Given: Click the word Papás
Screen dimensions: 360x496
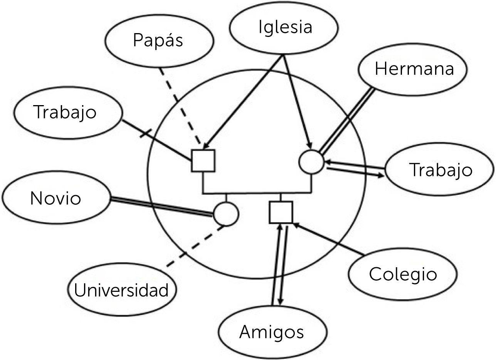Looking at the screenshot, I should pyautogui.click(x=158, y=40).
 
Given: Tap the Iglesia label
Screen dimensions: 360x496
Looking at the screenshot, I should pyautogui.click(x=285, y=27).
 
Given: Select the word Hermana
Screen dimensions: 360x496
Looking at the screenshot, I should pyautogui.click(x=414, y=69).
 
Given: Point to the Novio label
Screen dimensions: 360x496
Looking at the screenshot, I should pyautogui.click(x=55, y=199).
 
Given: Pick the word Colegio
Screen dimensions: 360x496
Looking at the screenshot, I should pyautogui.click(x=403, y=274).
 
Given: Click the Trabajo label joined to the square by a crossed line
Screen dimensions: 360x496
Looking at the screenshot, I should pyautogui.click(x=65, y=112).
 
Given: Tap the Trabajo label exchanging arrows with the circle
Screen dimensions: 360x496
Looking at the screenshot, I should pyautogui.click(x=441, y=170).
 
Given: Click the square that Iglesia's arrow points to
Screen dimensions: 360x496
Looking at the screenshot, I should pyautogui.click(x=203, y=160).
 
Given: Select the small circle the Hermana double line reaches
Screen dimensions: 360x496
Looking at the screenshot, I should pyautogui.click(x=312, y=161).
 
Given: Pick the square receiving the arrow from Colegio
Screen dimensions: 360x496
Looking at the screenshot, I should pyautogui.click(x=281, y=212).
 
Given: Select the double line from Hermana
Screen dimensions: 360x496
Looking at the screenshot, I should pyautogui.click(x=347, y=120).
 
